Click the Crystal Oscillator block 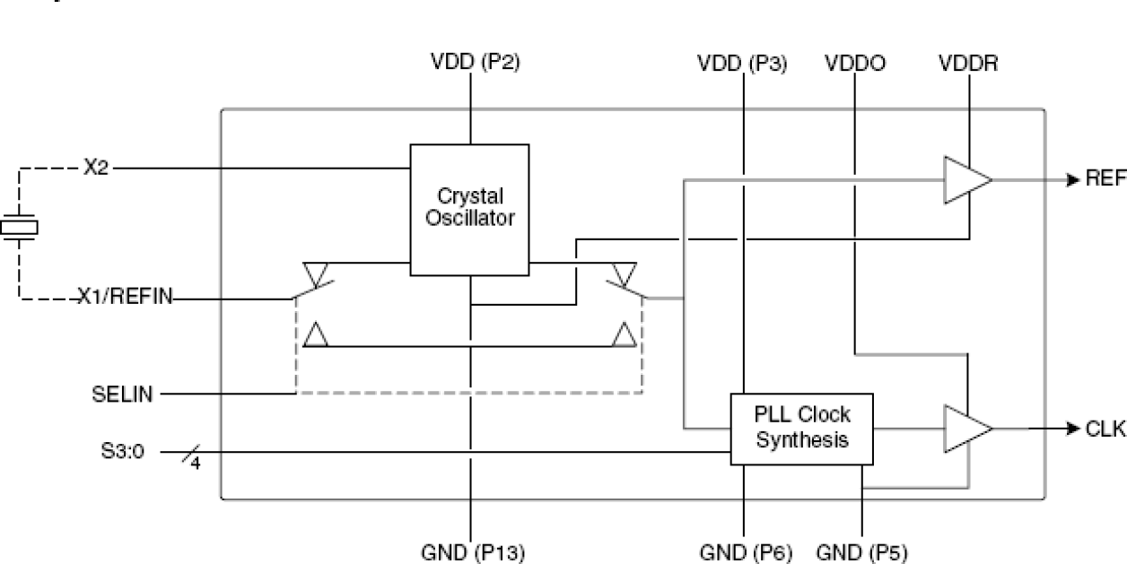pos(469,207)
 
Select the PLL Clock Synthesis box pos(801,429)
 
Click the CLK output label pos(1105,429)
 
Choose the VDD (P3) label pos(742,65)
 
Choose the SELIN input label pos(123,394)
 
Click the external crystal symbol pos(18,228)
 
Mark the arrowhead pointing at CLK pos(1073,429)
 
